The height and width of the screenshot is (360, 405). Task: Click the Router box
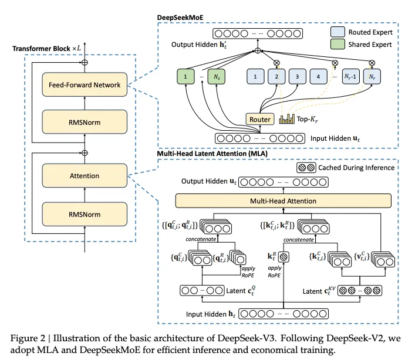pos(260,120)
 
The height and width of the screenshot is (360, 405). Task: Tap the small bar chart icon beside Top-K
pos(285,120)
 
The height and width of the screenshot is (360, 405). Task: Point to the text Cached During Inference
pos(356,168)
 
